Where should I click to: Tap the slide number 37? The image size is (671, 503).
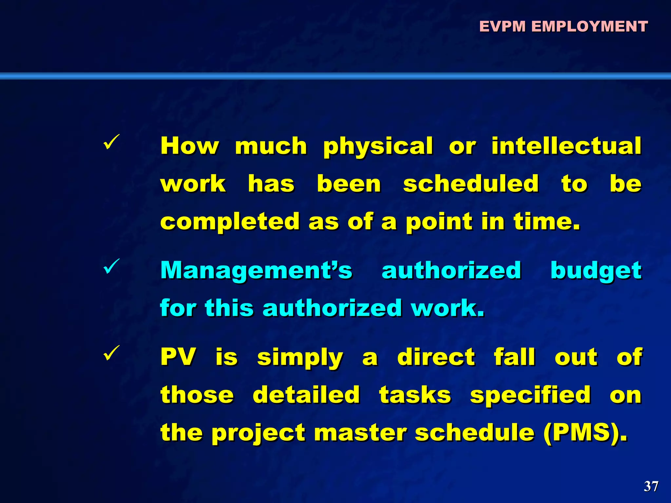click(x=651, y=486)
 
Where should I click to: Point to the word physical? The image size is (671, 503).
click(x=378, y=146)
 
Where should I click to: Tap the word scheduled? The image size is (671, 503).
click(x=471, y=184)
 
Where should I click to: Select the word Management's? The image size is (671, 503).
click(x=256, y=270)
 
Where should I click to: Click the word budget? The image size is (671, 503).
click(x=596, y=271)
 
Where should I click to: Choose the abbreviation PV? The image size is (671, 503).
click(x=178, y=357)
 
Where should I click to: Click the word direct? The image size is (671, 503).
click(x=436, y=357)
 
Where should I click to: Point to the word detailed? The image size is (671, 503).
click(x=306, y=395)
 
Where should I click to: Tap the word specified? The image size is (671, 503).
click(x=530, y=395)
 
